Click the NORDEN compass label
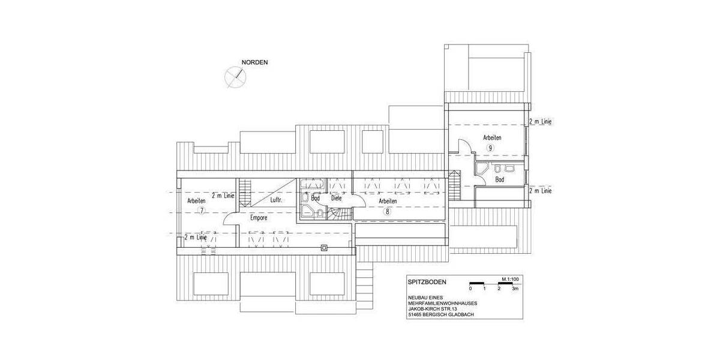click(x=254, y=62)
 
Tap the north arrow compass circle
click(x=235, y=77)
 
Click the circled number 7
click(x=202, y=211)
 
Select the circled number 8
click(x=388, y=211)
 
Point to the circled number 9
click(x=491, y=148)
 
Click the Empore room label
click(x=259, y=218)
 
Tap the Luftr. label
click(x=276, y=200)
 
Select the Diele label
click(x=336, y=198)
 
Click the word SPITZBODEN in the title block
click(x=427, y=282)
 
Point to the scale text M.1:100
click(x=510, y=280)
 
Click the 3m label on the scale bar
click(x=515, y=289)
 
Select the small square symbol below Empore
click(x=325, y=248)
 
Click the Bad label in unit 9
click(x=499, y=179)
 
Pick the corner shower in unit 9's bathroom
click(x=482, y=169)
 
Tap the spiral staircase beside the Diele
click(x=340, y=214)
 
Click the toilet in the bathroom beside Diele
click(x=320, y=212)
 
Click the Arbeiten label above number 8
click(x=388, y=201)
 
